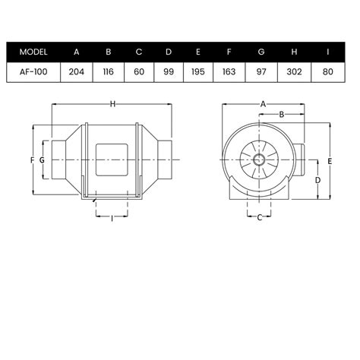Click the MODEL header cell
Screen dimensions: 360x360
pyautogui.click(x=34, y=52)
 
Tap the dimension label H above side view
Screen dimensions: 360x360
pyautogui.click(x=112, y=104)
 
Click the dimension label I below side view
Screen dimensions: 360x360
pyautogui.click(x=112, y=219)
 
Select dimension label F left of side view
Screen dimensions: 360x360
pyautogui.click(x=32, y=160)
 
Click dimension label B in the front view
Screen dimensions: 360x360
pyautogui.click(x=281, y=115)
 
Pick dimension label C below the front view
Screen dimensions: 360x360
pyautogui.click(x=260, y=219)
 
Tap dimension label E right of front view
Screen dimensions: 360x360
pyautogui.click(x=331, y=161)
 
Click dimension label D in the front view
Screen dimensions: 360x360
pyautogui.click(x=317, y=180)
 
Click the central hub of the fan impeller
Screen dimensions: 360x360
pyautogui.click(x=260, y=160)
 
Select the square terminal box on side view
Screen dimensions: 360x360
pyautogui.click(x=112, y=160)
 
